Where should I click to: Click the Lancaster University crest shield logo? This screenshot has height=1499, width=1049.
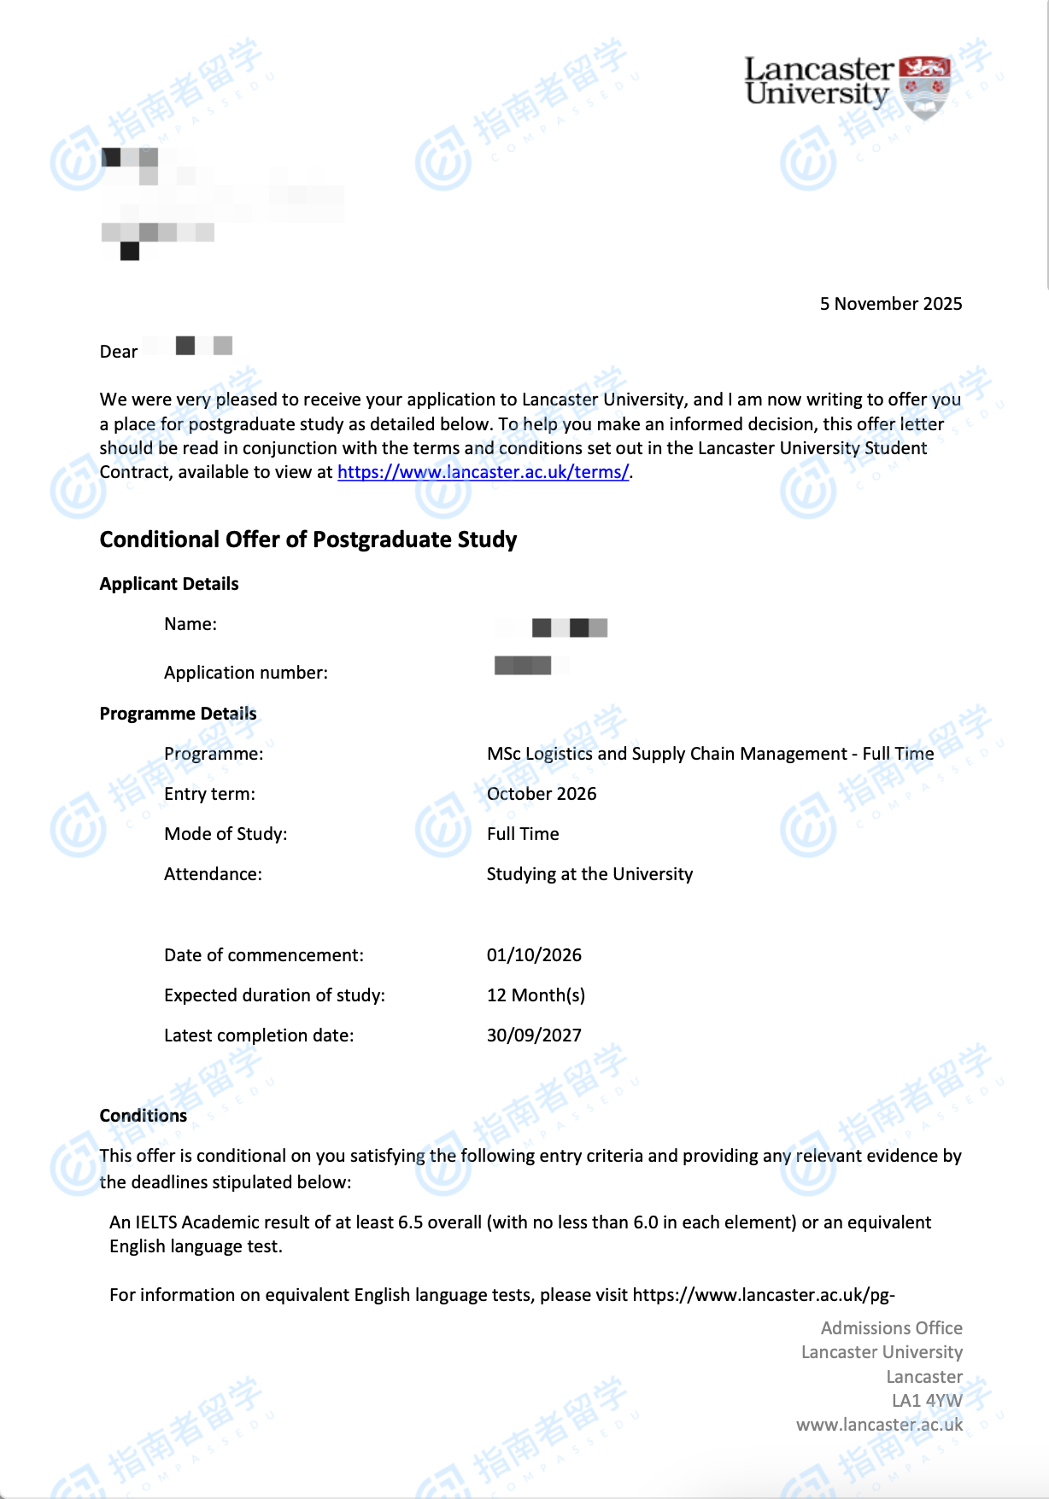tap(926, 86)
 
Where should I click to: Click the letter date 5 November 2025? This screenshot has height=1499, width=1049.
tap(890, 304)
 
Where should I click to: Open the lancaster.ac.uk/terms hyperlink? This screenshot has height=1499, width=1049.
tap(483, 472)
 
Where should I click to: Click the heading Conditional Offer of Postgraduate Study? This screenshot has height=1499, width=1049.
tap(308, 540)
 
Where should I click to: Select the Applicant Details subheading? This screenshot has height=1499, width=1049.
tap(169, 584)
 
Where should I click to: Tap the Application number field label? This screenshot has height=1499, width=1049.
tap(245, 673)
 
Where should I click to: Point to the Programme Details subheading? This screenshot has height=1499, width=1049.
tap(178, 714)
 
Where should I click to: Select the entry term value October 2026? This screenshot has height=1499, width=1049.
tap(541, 794)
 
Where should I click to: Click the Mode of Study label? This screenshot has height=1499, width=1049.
tap(226, 834)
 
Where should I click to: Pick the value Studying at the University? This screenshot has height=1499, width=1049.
tap(589, 874)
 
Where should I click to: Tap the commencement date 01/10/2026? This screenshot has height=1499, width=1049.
tap(534, 955)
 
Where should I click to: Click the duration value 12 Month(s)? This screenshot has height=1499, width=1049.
tap(536, 995)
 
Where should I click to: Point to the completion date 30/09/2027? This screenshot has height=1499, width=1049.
tap(534, 1035)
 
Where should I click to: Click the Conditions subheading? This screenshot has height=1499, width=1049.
tap(143, 1116)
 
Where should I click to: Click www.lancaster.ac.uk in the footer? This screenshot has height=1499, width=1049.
tap(879, 1425)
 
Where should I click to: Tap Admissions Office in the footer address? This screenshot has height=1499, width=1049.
tap(891, 1328)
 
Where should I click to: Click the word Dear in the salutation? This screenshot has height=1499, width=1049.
tap(119, 352)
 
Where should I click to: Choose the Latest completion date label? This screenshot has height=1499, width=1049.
tap(258, 1035)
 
